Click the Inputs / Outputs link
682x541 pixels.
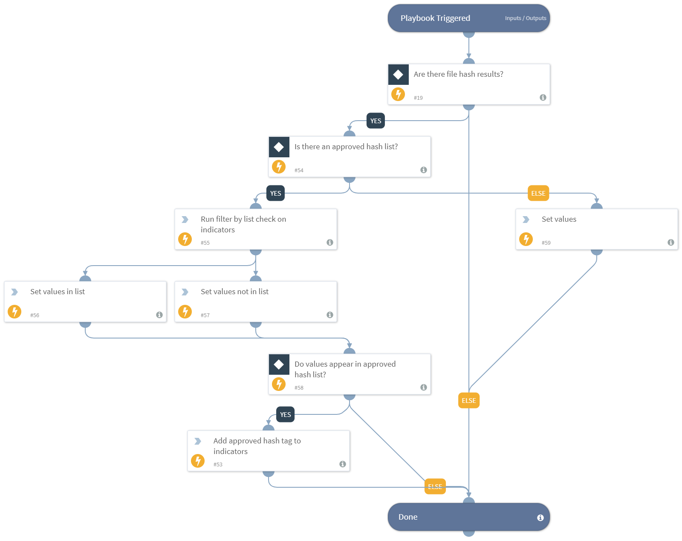coord(525,18)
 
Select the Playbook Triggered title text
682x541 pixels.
coord(435,18)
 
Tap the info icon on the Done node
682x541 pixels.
coord(540,518)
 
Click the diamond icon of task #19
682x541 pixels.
coord(398,75)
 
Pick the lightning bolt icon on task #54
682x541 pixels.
coord(279,166)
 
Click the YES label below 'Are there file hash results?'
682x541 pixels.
coord(376,121)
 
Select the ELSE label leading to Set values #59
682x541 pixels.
coord(538,194)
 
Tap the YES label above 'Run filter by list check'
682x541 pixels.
coord(275,194)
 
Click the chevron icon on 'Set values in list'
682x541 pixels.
coord(14,292)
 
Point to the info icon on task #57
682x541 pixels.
coord(329,315)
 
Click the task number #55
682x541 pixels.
coord(205,243)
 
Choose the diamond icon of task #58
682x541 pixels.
coord(279,365)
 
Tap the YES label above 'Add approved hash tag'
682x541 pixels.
coord(285,414)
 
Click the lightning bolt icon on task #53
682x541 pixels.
coord(198,460)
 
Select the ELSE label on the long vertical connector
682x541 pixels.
coord(468,401)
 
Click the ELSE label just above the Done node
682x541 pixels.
coord(435,486)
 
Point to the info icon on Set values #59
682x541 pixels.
coord(670,243)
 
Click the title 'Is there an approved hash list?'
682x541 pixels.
coord(346,147)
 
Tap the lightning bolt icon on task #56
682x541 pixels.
coord(14,311)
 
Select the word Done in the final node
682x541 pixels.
coord(407,517)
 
